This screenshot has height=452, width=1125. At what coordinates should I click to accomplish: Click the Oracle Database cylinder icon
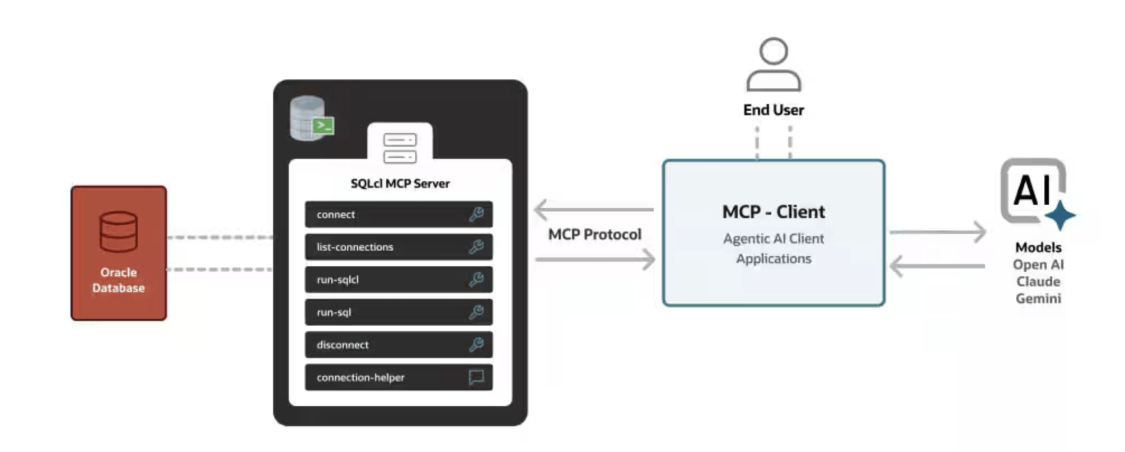(118, 232)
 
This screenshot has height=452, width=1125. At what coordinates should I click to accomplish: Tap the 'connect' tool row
(399, 214)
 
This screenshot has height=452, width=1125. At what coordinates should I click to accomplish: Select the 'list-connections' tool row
(399, 247)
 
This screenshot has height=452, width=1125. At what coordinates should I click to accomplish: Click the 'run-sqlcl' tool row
(399, 279)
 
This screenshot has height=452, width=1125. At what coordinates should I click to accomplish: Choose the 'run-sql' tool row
(399, 312)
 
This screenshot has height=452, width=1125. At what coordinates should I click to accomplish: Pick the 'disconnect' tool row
(399, 345)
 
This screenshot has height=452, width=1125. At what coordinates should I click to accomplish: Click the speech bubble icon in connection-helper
(476, 378)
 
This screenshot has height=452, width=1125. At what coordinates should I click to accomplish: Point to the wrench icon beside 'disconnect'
(476, 345)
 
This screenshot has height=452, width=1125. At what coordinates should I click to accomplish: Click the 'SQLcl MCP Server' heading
(400, 183)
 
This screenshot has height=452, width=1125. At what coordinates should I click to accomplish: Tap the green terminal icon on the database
(323, 125)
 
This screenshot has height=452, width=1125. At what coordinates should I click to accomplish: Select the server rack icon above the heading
(400, 148)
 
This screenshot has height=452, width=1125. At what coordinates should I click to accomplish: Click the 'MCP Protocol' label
(594, 234)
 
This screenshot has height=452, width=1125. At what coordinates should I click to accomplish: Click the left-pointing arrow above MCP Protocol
(594, 210)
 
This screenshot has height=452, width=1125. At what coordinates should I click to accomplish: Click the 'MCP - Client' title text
(774, 212)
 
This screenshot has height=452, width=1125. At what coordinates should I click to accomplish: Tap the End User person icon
(774, 64)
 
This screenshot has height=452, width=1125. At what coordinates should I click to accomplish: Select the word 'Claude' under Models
(1038, 281)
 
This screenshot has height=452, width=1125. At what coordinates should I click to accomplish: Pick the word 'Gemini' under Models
(1038, 299)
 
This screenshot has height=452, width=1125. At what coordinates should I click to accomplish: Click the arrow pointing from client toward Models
(937, 232)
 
